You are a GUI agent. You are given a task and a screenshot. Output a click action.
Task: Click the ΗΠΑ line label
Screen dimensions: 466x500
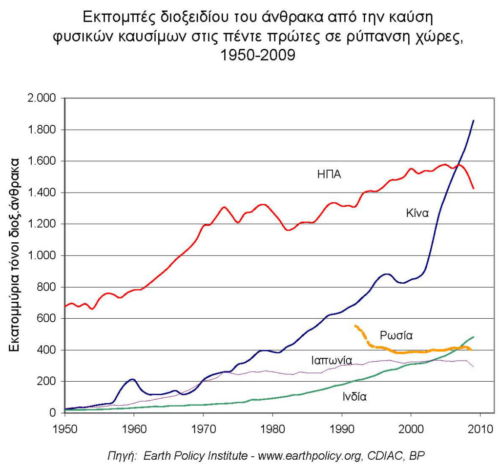click(x=329, y=175)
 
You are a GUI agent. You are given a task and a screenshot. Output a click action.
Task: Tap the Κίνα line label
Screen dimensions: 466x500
click(x=417, y=213)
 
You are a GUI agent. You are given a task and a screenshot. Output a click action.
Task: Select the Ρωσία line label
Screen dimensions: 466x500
click(x=396, y=335)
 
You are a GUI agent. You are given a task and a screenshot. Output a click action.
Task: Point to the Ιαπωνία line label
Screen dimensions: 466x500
click(x=332, y=361)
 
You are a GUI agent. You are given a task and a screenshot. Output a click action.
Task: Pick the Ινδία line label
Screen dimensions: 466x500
click(x=354, y=396)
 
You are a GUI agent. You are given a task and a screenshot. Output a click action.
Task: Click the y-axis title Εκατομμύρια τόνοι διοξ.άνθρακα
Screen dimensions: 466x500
click(x=15, y=255)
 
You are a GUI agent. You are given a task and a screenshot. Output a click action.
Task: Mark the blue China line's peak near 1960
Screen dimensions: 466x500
click(x=132, y=379)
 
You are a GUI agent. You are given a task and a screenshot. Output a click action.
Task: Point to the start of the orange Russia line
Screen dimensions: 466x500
click(x=356, y=326)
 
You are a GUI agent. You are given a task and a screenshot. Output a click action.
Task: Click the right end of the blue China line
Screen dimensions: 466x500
click(x=473, y=120)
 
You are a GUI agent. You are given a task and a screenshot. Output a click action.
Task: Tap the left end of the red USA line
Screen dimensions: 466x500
click(x=65, y=306)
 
